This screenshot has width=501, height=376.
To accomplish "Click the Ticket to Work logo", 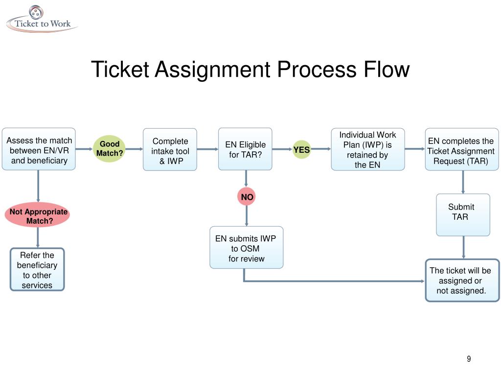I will point(42,20).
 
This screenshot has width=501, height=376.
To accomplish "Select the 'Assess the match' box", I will point(39,149).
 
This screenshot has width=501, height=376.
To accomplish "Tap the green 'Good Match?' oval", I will point(110,149).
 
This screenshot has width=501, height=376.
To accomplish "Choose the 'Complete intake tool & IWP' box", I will point(170,150).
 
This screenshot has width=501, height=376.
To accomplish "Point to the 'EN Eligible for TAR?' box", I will point(245,149).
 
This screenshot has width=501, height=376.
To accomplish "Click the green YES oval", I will point(301,150).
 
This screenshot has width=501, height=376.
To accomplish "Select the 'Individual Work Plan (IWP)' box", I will point(367,149).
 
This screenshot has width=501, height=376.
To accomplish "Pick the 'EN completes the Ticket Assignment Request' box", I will point(461,150).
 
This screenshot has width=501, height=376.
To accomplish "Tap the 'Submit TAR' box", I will point(462,214).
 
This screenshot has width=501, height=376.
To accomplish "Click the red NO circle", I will point(247,197).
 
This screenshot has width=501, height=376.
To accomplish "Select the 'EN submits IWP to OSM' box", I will point(246,247).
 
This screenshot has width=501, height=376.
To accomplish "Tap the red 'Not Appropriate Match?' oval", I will point(38,215).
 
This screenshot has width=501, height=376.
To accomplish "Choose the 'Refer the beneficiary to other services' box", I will point(37,269).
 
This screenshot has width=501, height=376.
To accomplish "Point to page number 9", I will point(469,359).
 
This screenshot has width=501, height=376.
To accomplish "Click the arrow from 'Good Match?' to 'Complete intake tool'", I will point(133,149).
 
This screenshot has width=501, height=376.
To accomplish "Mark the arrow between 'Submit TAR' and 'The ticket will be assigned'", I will point(463,247).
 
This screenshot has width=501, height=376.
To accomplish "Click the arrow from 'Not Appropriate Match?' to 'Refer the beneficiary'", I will point(37,237).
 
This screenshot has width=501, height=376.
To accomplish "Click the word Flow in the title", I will point(387,69).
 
